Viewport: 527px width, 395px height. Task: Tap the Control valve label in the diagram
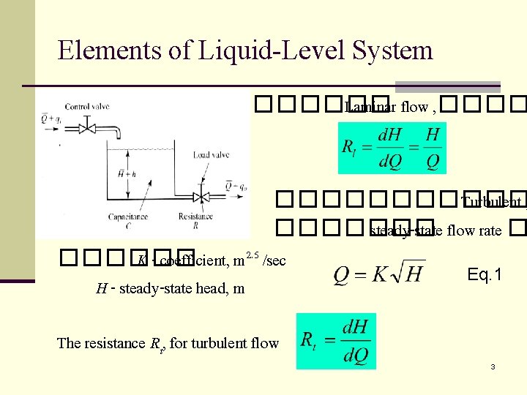point(88,106)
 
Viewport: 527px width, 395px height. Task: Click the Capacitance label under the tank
point(128,217)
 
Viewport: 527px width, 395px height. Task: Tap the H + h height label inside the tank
point(126,173)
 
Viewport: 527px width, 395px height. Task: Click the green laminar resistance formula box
point(392,148)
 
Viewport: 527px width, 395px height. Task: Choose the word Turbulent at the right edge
point(490,203)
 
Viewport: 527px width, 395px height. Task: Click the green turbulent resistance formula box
point(335,341)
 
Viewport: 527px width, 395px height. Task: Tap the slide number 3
point(493,366)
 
